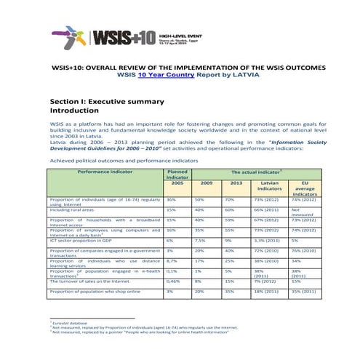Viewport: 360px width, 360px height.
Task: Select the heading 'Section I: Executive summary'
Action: click(x=107, y=101)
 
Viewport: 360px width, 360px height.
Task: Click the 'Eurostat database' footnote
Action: click(x=69, y=321)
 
